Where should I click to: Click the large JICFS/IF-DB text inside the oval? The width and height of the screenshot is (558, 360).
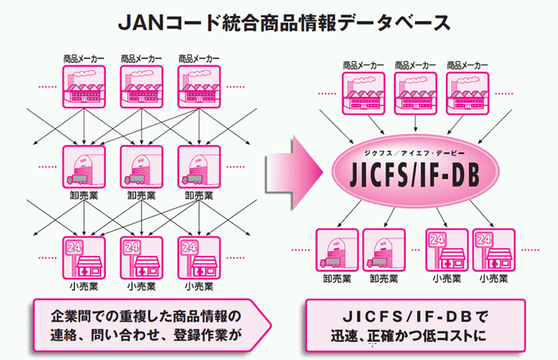(415, 174)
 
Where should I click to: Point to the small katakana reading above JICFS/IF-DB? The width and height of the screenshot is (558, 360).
(414, 153)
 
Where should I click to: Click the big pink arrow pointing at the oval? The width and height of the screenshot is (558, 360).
(294, 173)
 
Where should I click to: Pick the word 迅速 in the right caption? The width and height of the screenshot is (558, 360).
(344, 336)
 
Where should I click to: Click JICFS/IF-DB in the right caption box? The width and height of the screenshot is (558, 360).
(408, 316)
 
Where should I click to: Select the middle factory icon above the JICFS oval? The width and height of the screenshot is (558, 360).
(416, 93)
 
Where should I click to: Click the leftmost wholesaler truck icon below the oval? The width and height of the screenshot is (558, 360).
(337, 250)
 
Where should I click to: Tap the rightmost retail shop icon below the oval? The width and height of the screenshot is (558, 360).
(494, 250)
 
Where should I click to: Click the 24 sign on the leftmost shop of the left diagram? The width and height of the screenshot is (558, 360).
(74, 247)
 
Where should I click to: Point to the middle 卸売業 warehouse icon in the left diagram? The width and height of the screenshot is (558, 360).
(142, 166)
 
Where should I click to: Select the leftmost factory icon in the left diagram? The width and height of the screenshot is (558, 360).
(84, 87)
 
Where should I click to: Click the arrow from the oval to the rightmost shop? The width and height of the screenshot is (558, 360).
(482, 213)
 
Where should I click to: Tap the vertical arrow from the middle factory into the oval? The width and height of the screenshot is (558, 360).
(416, 123)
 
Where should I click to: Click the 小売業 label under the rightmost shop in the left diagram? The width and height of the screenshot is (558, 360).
(199, 286)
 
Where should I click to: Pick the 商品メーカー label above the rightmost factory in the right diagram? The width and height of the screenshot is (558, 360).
(467, 65)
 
